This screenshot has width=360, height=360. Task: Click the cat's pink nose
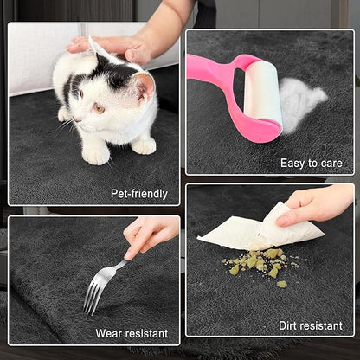(x=74, y=119)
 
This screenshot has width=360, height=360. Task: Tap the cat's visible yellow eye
(x=100, y=108)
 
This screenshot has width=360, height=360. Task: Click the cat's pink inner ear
(x=146, y=87)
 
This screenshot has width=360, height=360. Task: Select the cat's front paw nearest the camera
(x=94, y=156)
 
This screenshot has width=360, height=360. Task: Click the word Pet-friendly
(x=139, y=194)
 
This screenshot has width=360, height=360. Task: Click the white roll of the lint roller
(x=262, y=92)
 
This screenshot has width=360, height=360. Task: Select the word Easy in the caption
(x=292, y=164)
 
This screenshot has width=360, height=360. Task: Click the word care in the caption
(x=331, y=164)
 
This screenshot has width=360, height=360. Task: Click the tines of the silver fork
(x=92, y=298)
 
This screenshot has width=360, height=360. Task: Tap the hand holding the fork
(x=149, y=235)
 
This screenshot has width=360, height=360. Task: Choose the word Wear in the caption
(x=108, y=333)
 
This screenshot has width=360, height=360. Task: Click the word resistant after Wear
(x=146, y=333)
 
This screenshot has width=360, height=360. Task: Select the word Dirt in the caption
(x=287, y=325)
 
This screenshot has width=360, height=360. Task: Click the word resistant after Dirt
(x=321, y=325)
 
